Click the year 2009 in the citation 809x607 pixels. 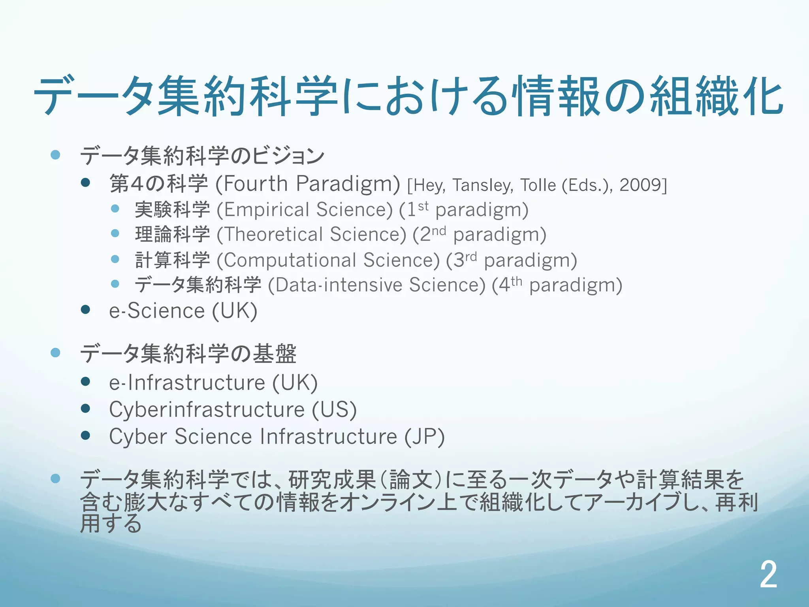[641, 185]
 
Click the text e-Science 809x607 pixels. [157, 311]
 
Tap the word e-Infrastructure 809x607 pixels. [187, 383]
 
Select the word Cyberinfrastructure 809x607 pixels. [207, 409]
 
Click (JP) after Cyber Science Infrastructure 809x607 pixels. [425, 437]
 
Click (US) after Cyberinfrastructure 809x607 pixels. [335, 409]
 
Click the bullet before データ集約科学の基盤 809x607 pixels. [56, 353]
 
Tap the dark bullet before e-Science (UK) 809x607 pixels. [85, 309]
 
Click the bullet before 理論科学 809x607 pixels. [115, 233]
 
